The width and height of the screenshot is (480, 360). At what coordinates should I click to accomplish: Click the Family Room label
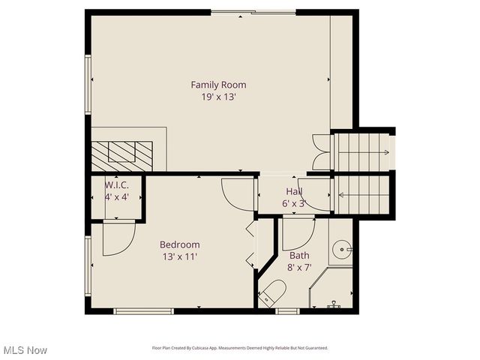pyautogui.click(x=218, y=85)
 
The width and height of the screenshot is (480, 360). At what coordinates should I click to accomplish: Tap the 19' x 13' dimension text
pyautogui.click(x=218, y=97)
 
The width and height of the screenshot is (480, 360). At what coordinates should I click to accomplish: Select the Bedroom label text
pyautogui.click(x=180, y=244)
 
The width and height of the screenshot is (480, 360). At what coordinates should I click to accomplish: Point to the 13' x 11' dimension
pyautogui.click(x=180, y=256)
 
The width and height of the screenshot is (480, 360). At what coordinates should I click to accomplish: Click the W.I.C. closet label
pyautogui.click(x=116, y=185)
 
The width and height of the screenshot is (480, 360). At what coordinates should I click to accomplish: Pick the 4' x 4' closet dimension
pyautogui.click(x=116, y=197)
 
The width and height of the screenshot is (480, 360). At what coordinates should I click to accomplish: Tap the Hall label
pyautogui.click(x=294, y=192)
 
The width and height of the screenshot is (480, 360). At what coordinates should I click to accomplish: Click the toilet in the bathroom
pyautogui.click(x=271, y=293)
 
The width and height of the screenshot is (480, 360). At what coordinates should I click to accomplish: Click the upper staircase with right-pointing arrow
pyautogui.click(x=363, y=152)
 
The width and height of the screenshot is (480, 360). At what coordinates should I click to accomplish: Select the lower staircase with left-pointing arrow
pyautogui.click(x=363, y=194)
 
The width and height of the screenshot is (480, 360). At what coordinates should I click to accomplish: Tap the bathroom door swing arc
pyautogui.click(x=298, y=234)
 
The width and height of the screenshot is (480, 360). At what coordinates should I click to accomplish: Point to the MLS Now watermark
pyautogui.click(x=25, y=350)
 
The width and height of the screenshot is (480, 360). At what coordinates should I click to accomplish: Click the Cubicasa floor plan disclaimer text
pyautogui.click(x=239, y=348)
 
